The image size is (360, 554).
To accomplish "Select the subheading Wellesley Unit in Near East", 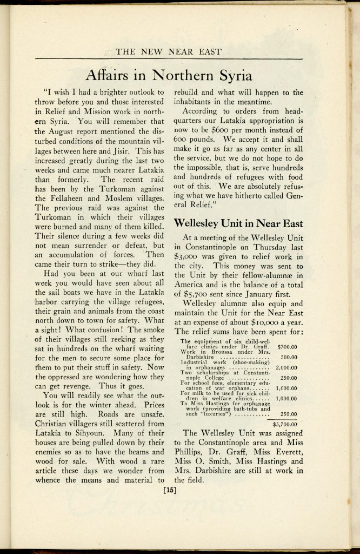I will [238, 223].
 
